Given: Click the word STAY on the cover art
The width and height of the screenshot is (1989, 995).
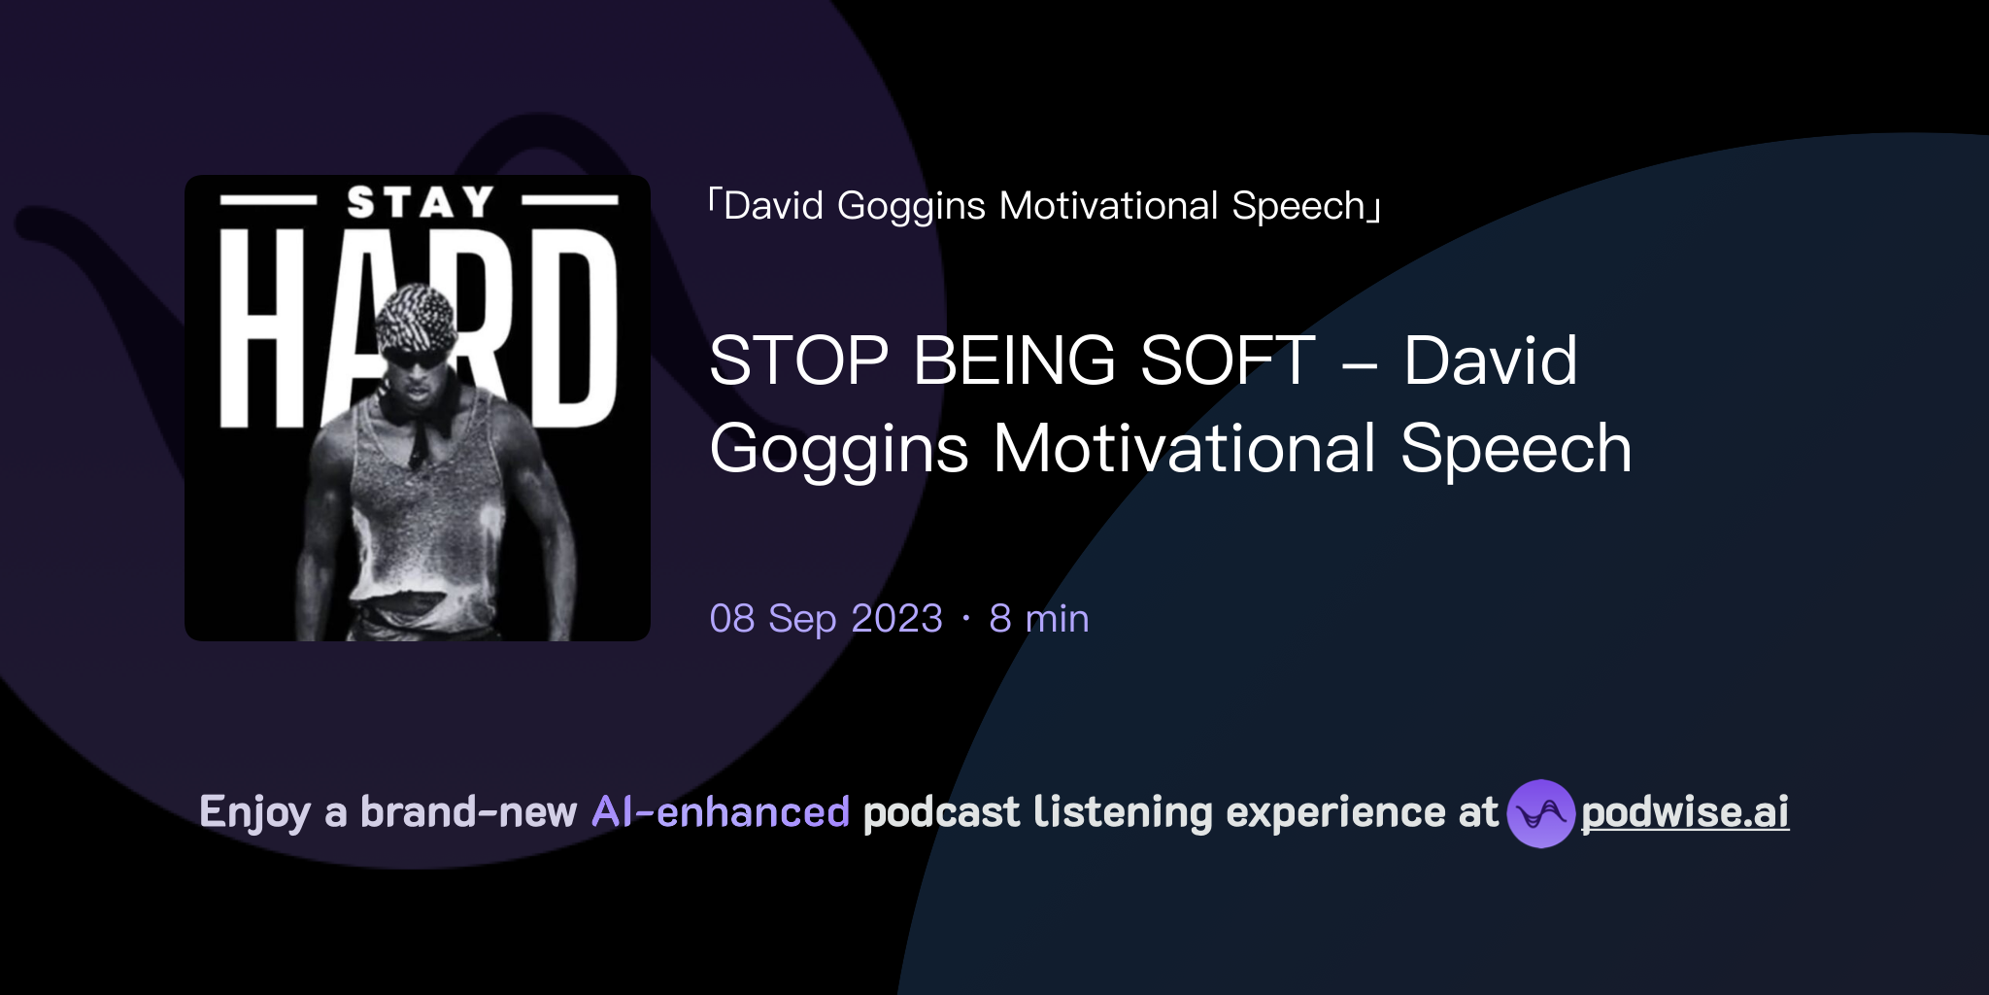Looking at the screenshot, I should (x=420, y=202).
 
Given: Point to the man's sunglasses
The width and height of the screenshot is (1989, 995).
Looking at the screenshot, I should (x=416, y=358).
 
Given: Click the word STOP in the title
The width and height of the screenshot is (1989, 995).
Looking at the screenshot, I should (x=798, y=360).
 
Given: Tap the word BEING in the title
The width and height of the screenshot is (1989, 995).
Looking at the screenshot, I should (x=1014, y=360).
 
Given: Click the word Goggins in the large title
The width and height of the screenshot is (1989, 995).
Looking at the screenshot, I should (x=839, y=450).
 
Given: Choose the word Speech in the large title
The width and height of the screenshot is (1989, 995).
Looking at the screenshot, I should (x=1515, y=450).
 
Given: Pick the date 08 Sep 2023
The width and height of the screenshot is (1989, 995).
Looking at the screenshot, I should (x=826, y=619).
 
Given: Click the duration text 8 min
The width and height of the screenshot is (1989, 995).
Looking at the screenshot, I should (x=1038, y=619).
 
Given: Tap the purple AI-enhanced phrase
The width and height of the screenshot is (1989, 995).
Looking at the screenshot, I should (x=721, y=812).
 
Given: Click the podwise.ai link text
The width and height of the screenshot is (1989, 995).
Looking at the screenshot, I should (x=1684, y=812).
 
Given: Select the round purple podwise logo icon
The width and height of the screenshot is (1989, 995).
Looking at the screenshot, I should (x=1540, y=813).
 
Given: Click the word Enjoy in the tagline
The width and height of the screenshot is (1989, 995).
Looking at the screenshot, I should (x=254, y=812).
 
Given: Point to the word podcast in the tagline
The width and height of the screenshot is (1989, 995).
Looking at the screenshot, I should (x=941, y=812).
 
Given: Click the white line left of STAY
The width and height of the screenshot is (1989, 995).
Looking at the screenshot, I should (x=268, y=201).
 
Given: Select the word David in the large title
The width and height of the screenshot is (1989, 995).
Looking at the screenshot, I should (x=1490, y=360).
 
